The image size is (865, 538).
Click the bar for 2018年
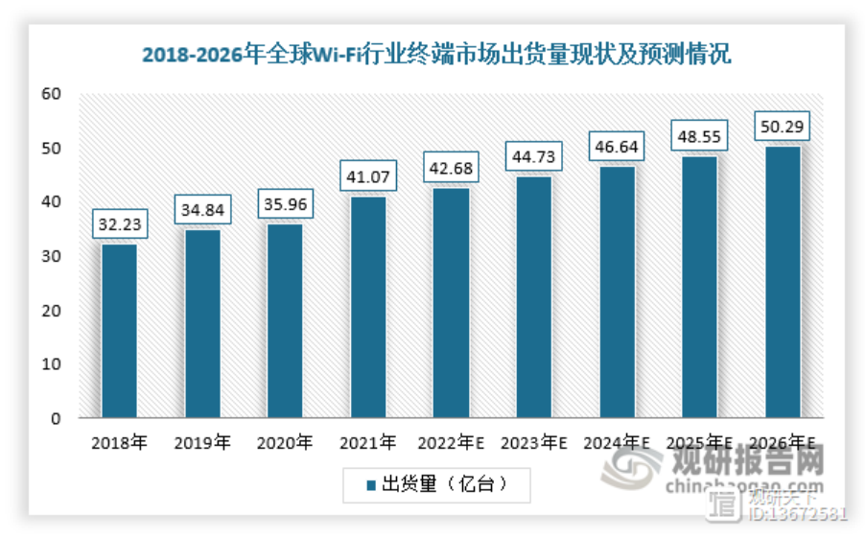[119, 331]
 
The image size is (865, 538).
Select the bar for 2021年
[367, 307]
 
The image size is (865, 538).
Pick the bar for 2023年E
[533, 297]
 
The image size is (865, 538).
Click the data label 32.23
[119, 223]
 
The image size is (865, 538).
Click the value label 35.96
[285, 203]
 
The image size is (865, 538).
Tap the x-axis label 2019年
[201, 443]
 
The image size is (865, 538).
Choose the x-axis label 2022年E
[451, 443]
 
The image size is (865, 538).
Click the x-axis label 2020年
[285, 443]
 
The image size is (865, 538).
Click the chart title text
[436, 54]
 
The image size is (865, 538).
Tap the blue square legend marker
[370, 485]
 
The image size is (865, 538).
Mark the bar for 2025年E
[699, 287]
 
